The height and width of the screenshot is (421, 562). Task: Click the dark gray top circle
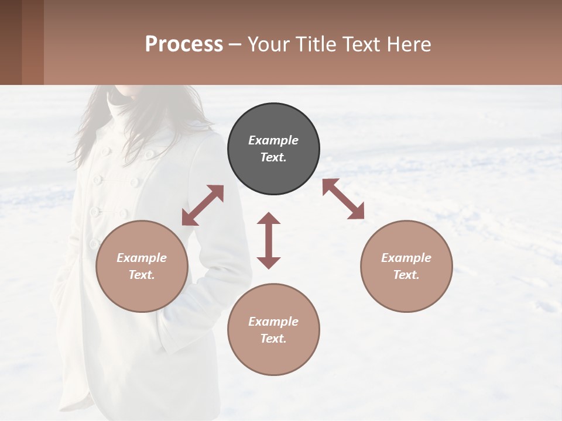[273, 149]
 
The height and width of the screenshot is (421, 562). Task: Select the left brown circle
[142, 266]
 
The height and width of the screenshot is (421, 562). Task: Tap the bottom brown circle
[273, 329]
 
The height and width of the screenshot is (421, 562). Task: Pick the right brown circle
[406, 266]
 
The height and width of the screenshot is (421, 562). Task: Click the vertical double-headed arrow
[269, 240]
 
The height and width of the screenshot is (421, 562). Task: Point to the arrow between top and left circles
[203, 205]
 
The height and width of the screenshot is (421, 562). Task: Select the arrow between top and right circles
[344, 199]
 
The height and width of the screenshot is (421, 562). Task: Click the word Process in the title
[184, 44]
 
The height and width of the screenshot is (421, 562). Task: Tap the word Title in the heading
[316, 44]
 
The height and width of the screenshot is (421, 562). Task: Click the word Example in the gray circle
[273, 140]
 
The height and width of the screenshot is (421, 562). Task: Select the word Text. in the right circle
[406, 275]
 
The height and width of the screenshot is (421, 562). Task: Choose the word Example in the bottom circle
[273, 321]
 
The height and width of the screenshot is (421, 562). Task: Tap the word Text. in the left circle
[142, 275]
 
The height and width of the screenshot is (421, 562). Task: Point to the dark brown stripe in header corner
[11, 42]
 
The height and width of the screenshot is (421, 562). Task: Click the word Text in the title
[362, 44]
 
